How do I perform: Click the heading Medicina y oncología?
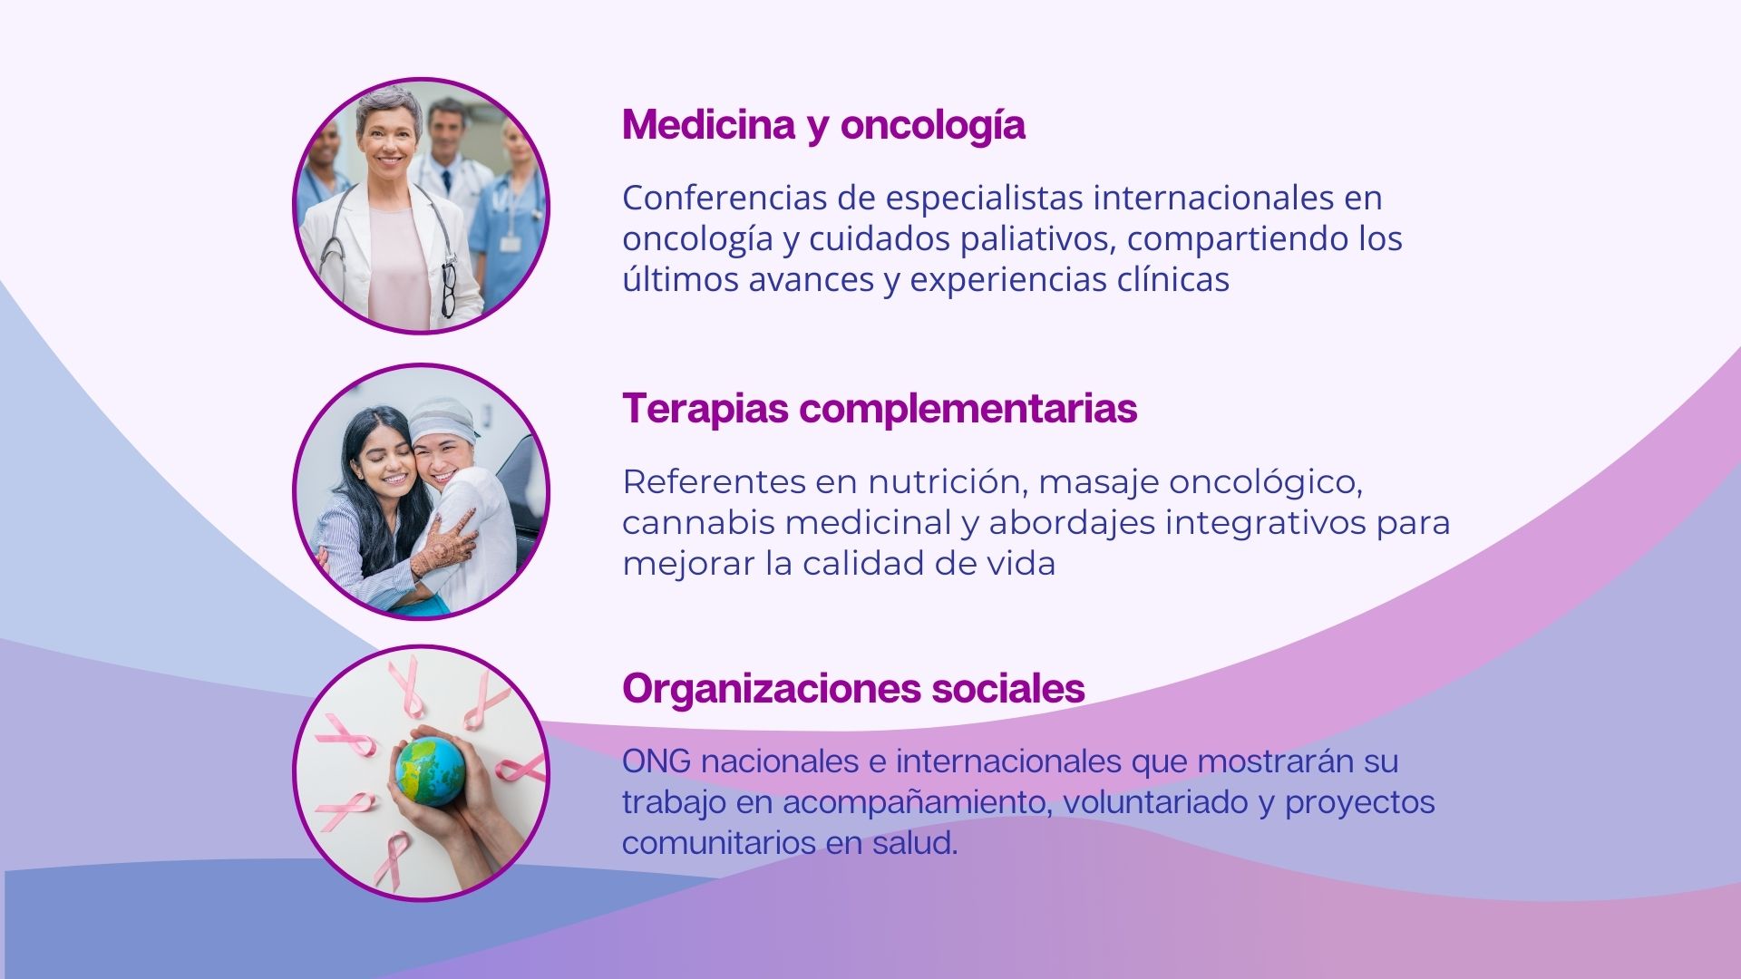pyautogui.click(x=823, y=125)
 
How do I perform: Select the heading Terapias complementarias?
pyautogui.click(x=879, y=409)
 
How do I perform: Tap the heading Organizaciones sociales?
pyautogui.click(x=852, y=689)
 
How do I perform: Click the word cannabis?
pyautogui.click(x=698, y=523)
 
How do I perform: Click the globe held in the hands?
pyautogui.click(x=431, y=771)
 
